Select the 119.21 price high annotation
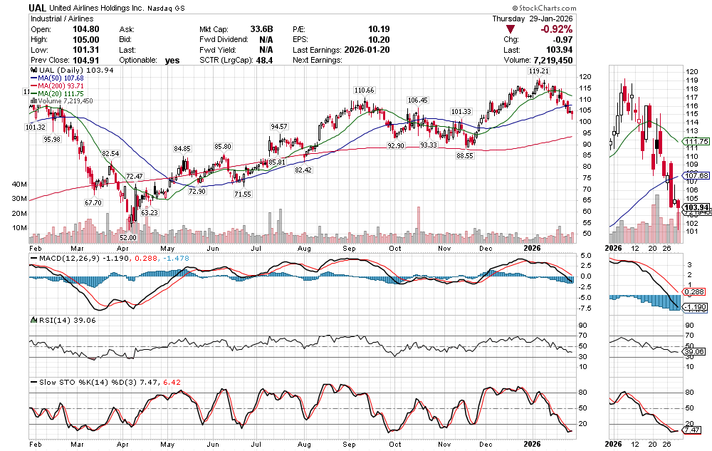(538, 72)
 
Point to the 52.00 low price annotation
(128, 238)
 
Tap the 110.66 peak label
(364, 90)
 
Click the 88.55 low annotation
(465, 155)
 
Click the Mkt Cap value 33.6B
(261, 29)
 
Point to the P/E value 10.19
(378, 29)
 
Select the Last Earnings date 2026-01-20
(366, 50)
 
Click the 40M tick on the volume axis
(19, 184)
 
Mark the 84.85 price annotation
(182, 148)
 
